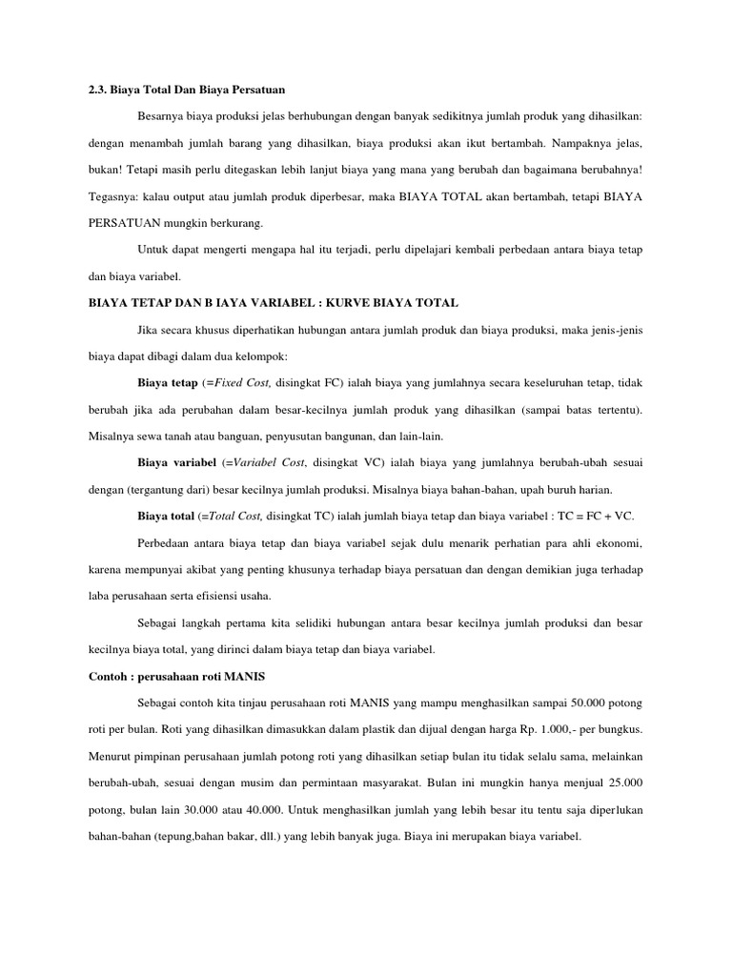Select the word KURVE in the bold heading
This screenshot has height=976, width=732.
pyautogui.click(x=352, y=303)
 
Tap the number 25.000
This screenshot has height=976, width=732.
pyautogui.click(x=621, y=783)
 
